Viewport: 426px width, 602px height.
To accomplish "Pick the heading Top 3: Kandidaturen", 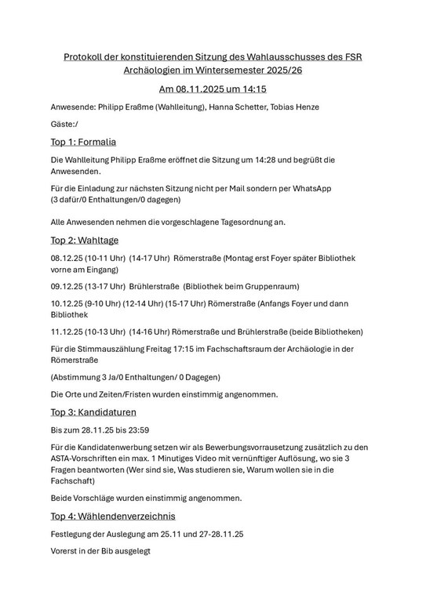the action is pos(93,412).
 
